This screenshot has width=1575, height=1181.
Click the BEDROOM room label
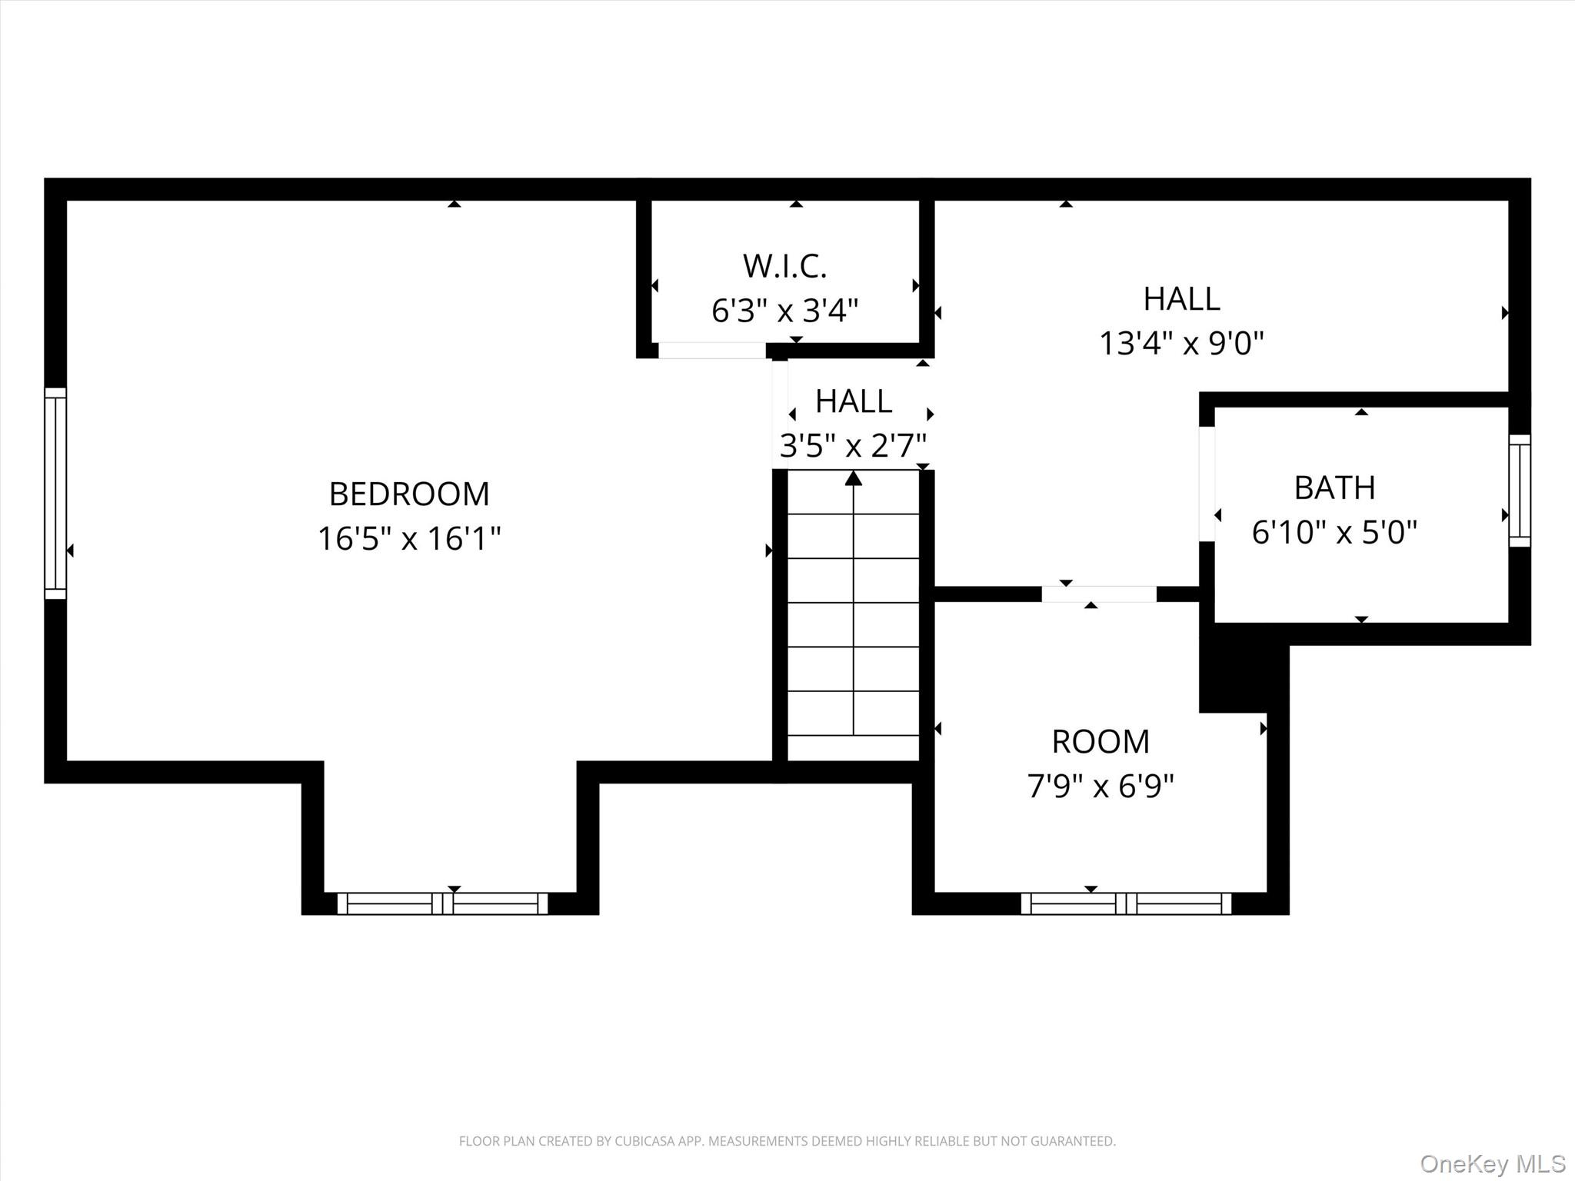pos(409,494)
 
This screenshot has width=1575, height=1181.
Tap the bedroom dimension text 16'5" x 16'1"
pos(409,538)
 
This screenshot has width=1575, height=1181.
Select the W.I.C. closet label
pos(784,266)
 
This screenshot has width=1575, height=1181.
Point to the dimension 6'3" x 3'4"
pos(784,311)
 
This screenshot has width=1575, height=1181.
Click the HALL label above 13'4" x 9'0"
pos(1181,299)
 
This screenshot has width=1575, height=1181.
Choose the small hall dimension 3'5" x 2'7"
pos(853,445)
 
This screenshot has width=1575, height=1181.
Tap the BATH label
pos(1334,487)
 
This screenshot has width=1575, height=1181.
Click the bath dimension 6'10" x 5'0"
pos(1334,532)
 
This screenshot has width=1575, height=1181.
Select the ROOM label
pos(1101,742)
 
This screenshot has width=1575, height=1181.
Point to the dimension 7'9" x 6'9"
pos(1101,786)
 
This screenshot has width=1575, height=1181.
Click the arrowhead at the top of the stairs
pos(853,479)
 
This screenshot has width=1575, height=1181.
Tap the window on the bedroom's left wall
pos(55,493)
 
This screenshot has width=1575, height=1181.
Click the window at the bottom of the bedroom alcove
pos(442,903)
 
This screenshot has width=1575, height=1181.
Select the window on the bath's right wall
pos(1520,491)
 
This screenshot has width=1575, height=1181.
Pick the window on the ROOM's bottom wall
pos(1126,903)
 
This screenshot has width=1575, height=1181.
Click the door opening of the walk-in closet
pos(711,351)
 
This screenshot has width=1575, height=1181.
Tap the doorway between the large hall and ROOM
pos(1099,594)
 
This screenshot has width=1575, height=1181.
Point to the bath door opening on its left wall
pos(1207,484)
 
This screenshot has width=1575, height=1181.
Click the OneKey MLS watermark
pos(1493,1163)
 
